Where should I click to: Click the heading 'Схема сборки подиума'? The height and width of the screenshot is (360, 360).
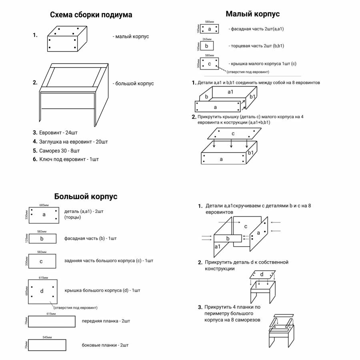[91, 15]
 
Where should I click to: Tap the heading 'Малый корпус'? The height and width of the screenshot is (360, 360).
[252, 14]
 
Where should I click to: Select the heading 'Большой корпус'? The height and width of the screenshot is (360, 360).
[86, 196]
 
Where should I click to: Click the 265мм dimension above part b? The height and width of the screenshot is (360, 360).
[207, 39]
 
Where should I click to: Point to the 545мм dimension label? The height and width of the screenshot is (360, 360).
[48, 337]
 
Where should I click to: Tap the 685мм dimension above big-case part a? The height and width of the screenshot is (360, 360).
[44, 205]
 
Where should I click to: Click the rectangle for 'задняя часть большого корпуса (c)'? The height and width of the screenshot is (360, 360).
[42, 262]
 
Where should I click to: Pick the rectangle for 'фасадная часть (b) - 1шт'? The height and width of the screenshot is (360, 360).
[42, 239]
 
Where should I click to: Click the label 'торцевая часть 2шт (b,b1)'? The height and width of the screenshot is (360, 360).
[256, 46]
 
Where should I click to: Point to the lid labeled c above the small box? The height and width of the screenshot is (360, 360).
[234, 134]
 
